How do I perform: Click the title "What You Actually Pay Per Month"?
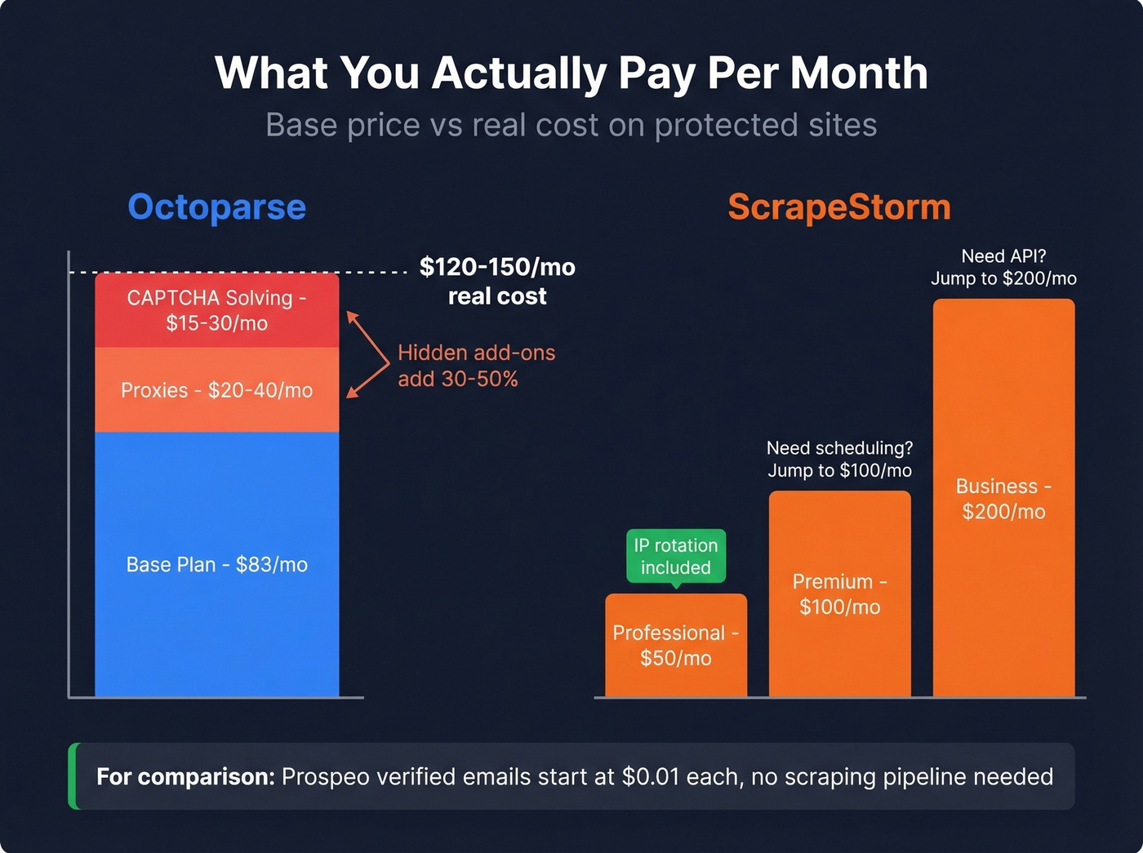click(x=571, y=73)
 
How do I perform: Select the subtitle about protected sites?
click(x=571, y=125)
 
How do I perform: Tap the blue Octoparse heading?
click(x=217, y=207)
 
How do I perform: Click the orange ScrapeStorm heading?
click(x=839, y=207)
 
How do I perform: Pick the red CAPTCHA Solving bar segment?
click(x=217, y=310)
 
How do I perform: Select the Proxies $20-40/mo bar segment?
click(x=217, y=390)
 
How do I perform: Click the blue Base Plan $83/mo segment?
click(x=217, y=564)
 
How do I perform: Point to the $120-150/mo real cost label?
click(x=497, y=281)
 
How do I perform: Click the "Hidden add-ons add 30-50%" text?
click(x=476, y=366)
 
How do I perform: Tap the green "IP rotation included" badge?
click(x=676, y=556)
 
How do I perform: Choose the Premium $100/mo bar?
click(x=839, y=593)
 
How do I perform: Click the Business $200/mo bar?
click(x=1003, y=499)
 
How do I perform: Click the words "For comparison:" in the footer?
click(x=185, y=776)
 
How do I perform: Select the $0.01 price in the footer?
click(x=650, y=776)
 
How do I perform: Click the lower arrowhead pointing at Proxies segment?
click(x=351, y=393)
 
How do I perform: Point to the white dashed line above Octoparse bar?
click(x=245, y=272)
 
